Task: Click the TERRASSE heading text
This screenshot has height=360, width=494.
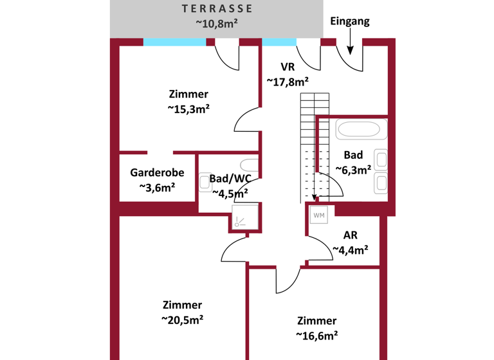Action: (x=217, y=9)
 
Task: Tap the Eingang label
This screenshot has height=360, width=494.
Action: (x=350, y=21)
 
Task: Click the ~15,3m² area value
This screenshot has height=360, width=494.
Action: (x=188, y=109)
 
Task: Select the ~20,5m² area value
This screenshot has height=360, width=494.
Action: (x=182, y=319)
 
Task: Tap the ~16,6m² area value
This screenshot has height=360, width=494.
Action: (x=316, y=335)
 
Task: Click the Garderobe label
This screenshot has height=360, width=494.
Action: (x=157, y=172)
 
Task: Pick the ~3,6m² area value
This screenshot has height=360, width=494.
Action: (x=157, y=188)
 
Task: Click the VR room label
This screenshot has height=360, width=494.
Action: (x=288, y=66)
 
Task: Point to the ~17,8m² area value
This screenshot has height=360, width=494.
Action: (x=288, y=82)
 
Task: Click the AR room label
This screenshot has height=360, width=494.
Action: (x=350, y=235)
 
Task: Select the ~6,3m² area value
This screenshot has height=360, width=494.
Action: (x=353, y=170)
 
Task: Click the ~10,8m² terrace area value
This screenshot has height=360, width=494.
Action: (x=217, y=24)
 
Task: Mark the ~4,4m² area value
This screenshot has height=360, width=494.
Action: (x=350, y=250)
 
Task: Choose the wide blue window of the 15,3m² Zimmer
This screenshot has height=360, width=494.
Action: (x=174, y=42)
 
